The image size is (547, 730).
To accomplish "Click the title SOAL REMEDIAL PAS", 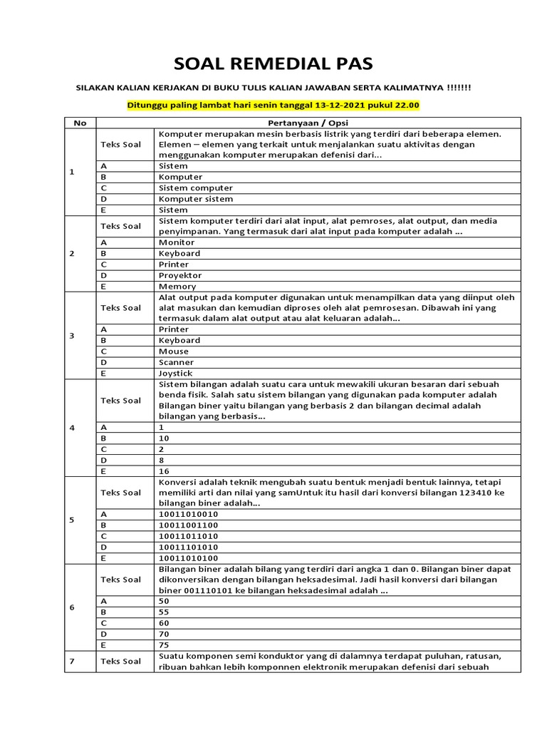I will point(273,63).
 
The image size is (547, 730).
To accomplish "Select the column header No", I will point(80,123).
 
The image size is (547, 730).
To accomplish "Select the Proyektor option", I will point(180,275).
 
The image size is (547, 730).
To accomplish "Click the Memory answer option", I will point(177,287).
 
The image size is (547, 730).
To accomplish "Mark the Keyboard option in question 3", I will point(179,341).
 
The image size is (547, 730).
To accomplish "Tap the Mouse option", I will point(174,351).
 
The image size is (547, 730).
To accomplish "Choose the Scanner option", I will point(176,362).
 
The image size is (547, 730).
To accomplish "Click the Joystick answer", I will point(175,374).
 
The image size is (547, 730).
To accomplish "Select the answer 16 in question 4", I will point(164,471).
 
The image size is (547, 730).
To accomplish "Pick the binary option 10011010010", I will point(189,514).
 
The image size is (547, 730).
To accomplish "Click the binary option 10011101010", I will point(189,547).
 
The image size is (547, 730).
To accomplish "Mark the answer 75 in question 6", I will point(164,644).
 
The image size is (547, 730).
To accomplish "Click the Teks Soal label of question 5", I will point(120,493).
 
